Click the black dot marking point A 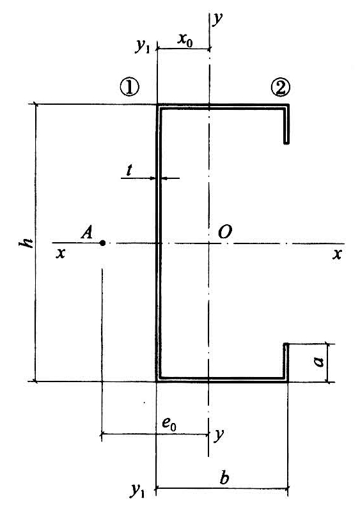coord(102,243)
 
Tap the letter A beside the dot coord(87,233)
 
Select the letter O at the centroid coord(225,232)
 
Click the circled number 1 coord(129,87)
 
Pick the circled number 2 coord(280,88)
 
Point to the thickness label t coord(129,170)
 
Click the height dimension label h coord(26,242)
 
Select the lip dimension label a coord(319,360)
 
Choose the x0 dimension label coord(185,40)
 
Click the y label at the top coord(218,19)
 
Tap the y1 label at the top coord(143,47)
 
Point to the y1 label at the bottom coord(138,490)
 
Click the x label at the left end coord(60,253)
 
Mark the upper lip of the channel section coord(286,124)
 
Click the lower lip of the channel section coord(286,362)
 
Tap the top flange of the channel coord(223,107)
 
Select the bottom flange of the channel coord(223,379)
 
